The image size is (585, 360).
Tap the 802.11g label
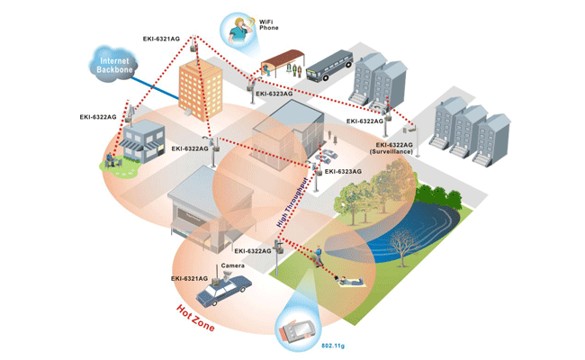(334, 344)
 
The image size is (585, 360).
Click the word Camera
(232, 266)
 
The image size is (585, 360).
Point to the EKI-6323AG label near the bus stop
(274, 93)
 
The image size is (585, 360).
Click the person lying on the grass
(354, 281)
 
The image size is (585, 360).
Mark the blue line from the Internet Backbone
(157, 83)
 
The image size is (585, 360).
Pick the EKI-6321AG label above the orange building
(161, 39)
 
